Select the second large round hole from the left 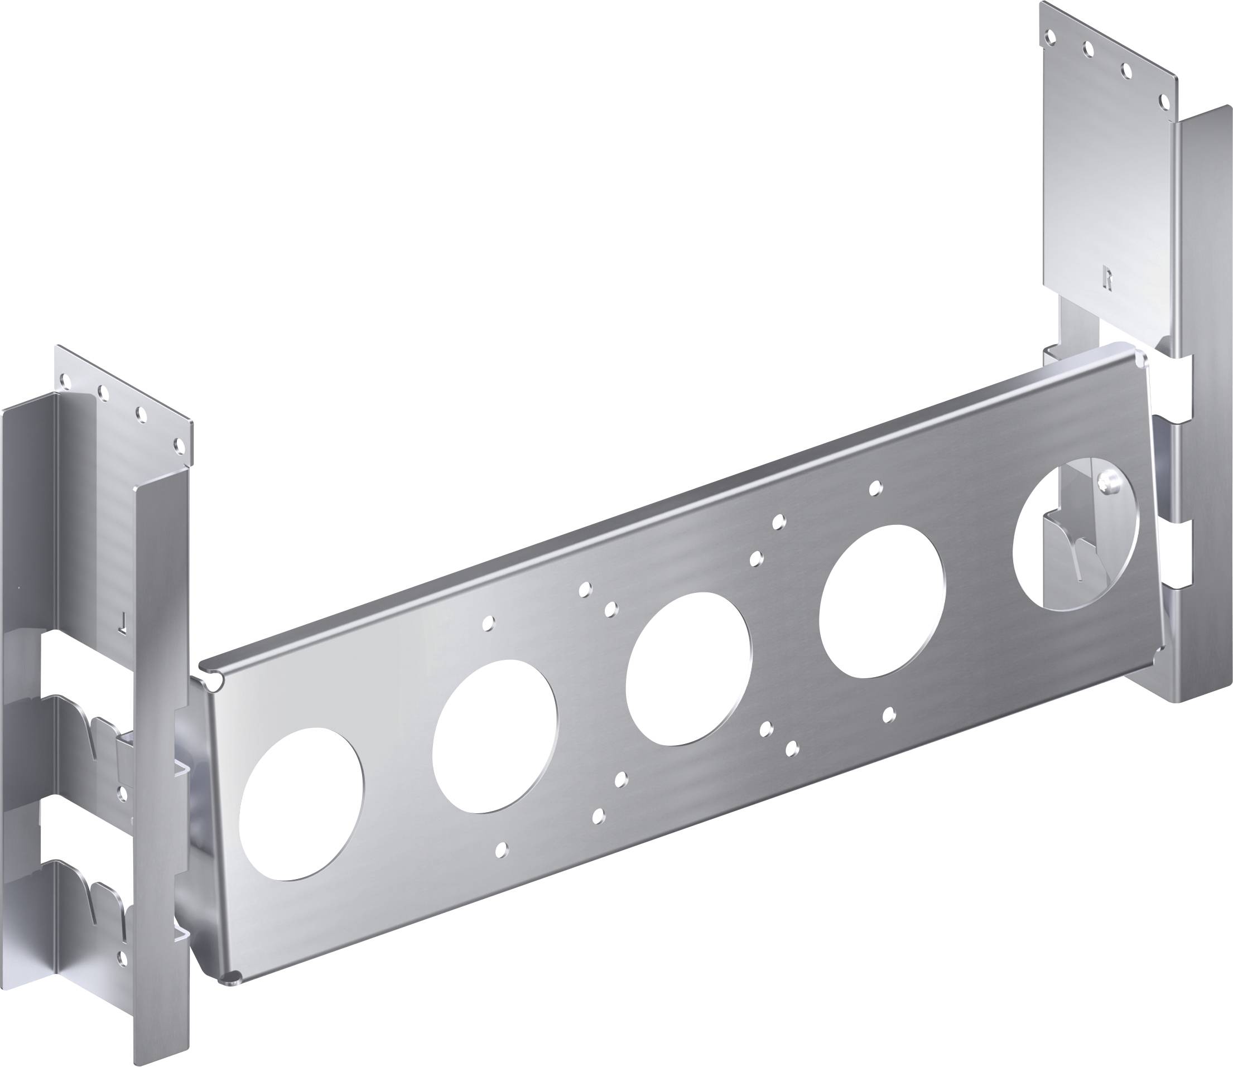pos(495,736)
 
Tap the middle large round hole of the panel pos(689,669)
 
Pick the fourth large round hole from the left pos(882,601)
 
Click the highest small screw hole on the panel pos(874,489)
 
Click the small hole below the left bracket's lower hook pos(123,958)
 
